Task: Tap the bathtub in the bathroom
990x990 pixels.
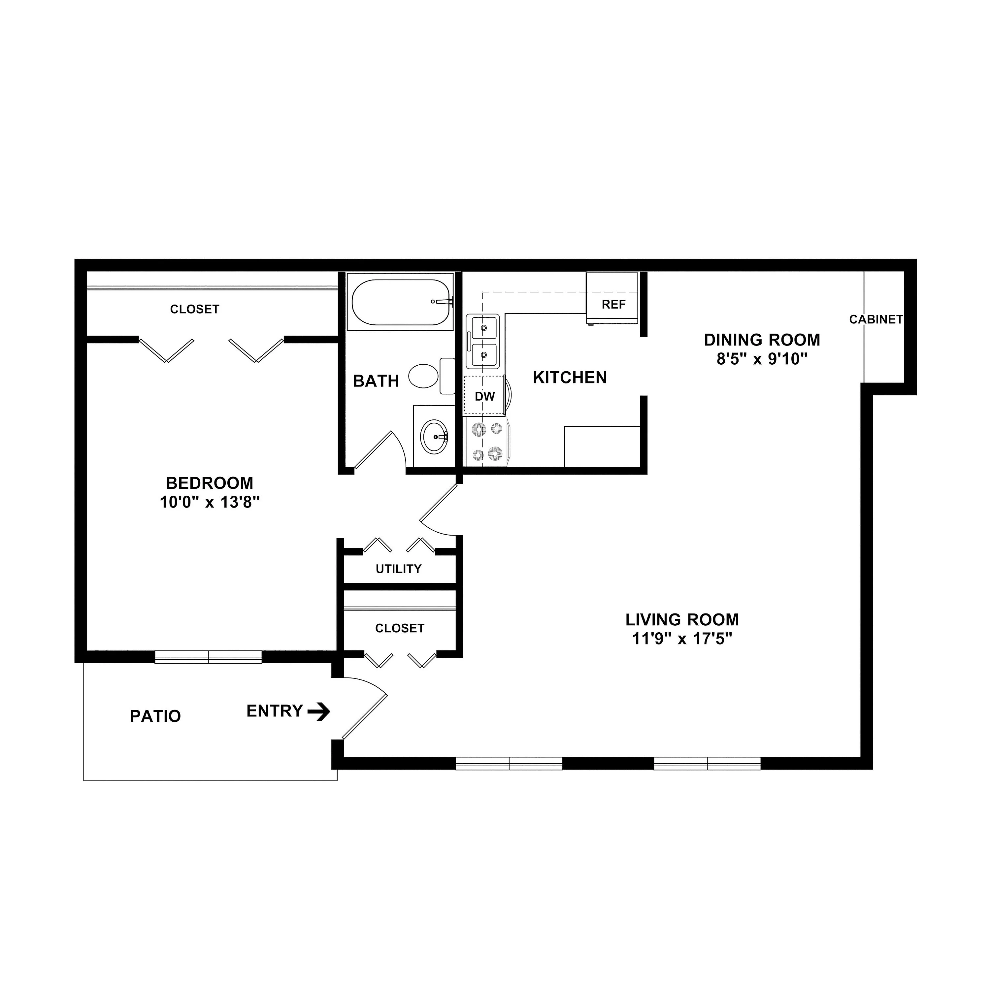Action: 400,302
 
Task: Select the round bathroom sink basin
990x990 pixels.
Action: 435,437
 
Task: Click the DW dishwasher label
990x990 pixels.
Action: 485,396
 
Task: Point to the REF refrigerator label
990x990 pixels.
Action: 613,304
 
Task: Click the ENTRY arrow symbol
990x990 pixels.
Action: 319,711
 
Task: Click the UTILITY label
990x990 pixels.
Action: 399,569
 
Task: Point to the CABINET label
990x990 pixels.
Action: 876,319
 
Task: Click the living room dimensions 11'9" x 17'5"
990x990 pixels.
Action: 682,639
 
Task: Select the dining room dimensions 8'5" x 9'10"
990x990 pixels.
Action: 762,359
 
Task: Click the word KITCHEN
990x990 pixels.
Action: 570,378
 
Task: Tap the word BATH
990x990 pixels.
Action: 376,381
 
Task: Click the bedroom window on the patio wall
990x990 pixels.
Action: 209,657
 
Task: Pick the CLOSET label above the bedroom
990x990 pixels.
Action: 195,309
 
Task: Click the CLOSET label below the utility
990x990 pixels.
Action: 400,628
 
